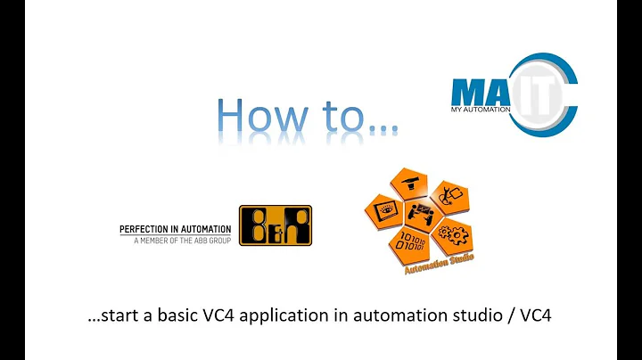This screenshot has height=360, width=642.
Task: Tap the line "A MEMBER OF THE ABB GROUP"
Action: pyautogui.click(x=182, y=241)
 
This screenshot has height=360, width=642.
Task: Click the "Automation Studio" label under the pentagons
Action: pyautogui.click(x=439, y=263)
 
